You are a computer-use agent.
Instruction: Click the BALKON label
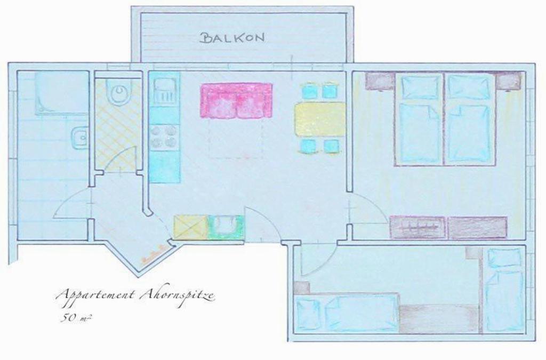tap(233, 37)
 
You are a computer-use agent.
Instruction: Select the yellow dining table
tap(320, 119)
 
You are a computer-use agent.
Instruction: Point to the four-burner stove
tap(163, 137)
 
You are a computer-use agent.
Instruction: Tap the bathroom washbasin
tap(80, 137)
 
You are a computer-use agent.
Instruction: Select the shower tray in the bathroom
tap(61, 93)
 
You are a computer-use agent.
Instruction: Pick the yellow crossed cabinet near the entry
tap(190, 227)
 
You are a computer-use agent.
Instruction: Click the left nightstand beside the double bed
tap(380, 82)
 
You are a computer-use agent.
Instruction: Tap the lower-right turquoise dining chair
tap(331, 146)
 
